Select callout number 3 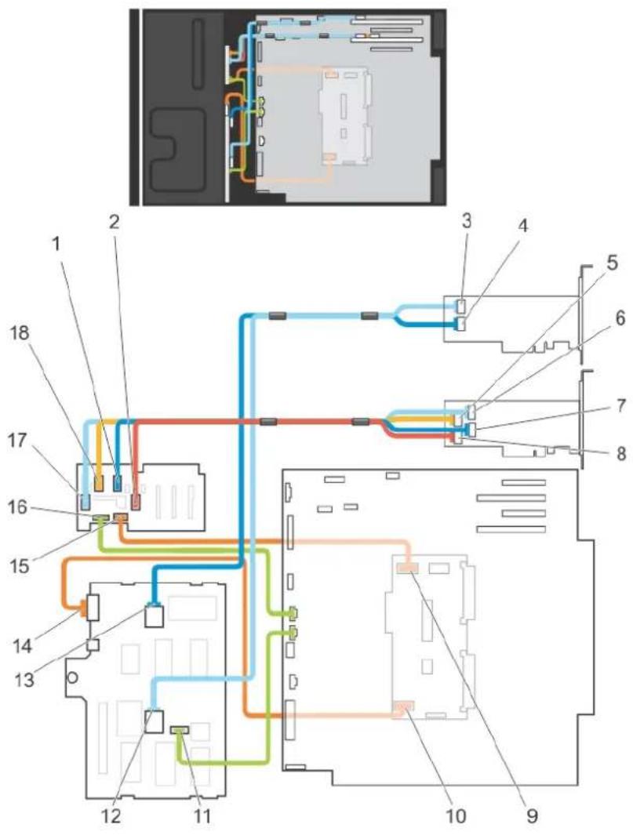point(467,221)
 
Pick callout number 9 point(532,815)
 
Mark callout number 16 point(18,506)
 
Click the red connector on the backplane point(136,501)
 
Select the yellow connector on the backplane point(99,484)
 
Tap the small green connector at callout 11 point(180,729)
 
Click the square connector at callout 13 point(154,617)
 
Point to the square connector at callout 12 point(154,721)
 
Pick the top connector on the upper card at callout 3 point(461,307)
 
